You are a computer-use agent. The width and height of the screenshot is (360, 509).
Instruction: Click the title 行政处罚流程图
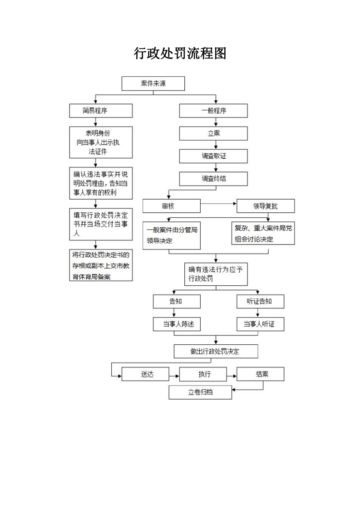point(180,54)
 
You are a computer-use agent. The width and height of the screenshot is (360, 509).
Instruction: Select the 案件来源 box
point(153,84)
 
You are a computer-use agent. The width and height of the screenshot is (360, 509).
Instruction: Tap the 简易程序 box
point(101,111)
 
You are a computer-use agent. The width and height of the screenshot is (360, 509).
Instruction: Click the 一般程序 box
point(213,111)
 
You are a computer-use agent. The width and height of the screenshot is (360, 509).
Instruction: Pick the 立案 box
point(213,133)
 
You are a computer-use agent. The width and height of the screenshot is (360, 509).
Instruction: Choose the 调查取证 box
point(213,156)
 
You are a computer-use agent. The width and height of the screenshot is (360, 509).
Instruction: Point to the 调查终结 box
point(213,179)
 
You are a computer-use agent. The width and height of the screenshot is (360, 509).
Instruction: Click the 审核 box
point(171,206)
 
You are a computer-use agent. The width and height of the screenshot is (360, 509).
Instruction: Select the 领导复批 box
point(266,206)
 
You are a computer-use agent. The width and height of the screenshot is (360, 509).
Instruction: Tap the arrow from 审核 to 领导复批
point(218,204)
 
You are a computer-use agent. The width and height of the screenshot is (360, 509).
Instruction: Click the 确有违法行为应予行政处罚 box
point(216,274)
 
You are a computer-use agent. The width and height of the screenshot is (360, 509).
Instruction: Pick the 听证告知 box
point(260,302)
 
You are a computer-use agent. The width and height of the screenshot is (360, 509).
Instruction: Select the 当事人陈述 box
point(176,324)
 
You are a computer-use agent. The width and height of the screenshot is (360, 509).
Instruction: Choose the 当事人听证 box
point(260,324)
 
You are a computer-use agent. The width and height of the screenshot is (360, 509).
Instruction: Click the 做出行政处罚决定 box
point(216,352)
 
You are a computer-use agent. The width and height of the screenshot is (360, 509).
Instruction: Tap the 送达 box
point(145,374)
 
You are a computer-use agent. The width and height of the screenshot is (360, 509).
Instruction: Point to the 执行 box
point(202,374)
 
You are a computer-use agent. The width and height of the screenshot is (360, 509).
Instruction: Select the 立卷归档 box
point(200,392)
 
